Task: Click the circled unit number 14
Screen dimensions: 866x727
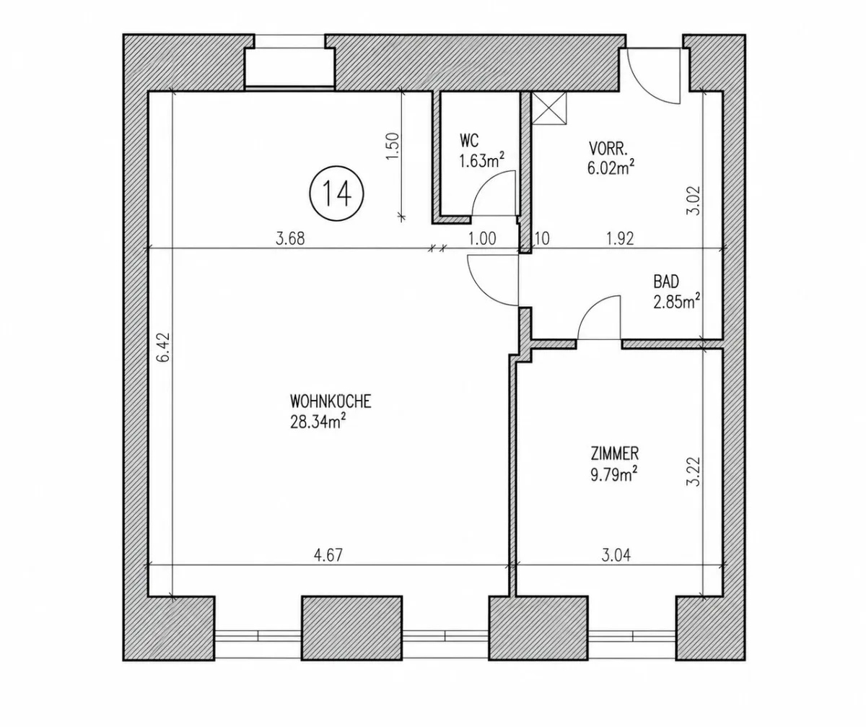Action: pos(336,193)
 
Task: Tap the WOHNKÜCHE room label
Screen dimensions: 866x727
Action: pos(331,401)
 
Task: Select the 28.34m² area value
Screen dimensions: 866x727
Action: pos(318,422)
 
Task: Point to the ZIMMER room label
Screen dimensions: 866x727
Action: pos(615,453)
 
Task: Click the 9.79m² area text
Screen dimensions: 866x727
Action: pos(614,474)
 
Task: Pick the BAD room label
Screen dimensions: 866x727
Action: pos(666,282)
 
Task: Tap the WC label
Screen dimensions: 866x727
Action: pos(469,141)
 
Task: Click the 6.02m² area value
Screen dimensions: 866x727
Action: pos(611,167)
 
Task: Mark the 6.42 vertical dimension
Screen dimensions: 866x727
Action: pos(165,347)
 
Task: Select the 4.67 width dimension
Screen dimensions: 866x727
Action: pos(328,554)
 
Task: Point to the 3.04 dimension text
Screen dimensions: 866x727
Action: pos(616,554)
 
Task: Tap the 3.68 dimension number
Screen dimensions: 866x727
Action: pos(290,238)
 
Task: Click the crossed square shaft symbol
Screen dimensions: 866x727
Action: pos(548,108)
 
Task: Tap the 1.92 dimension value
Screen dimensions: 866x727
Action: pos(620,238)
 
